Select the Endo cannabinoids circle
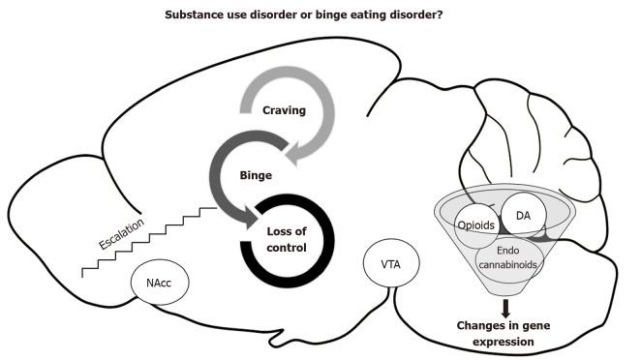506,256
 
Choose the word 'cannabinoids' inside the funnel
506,264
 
